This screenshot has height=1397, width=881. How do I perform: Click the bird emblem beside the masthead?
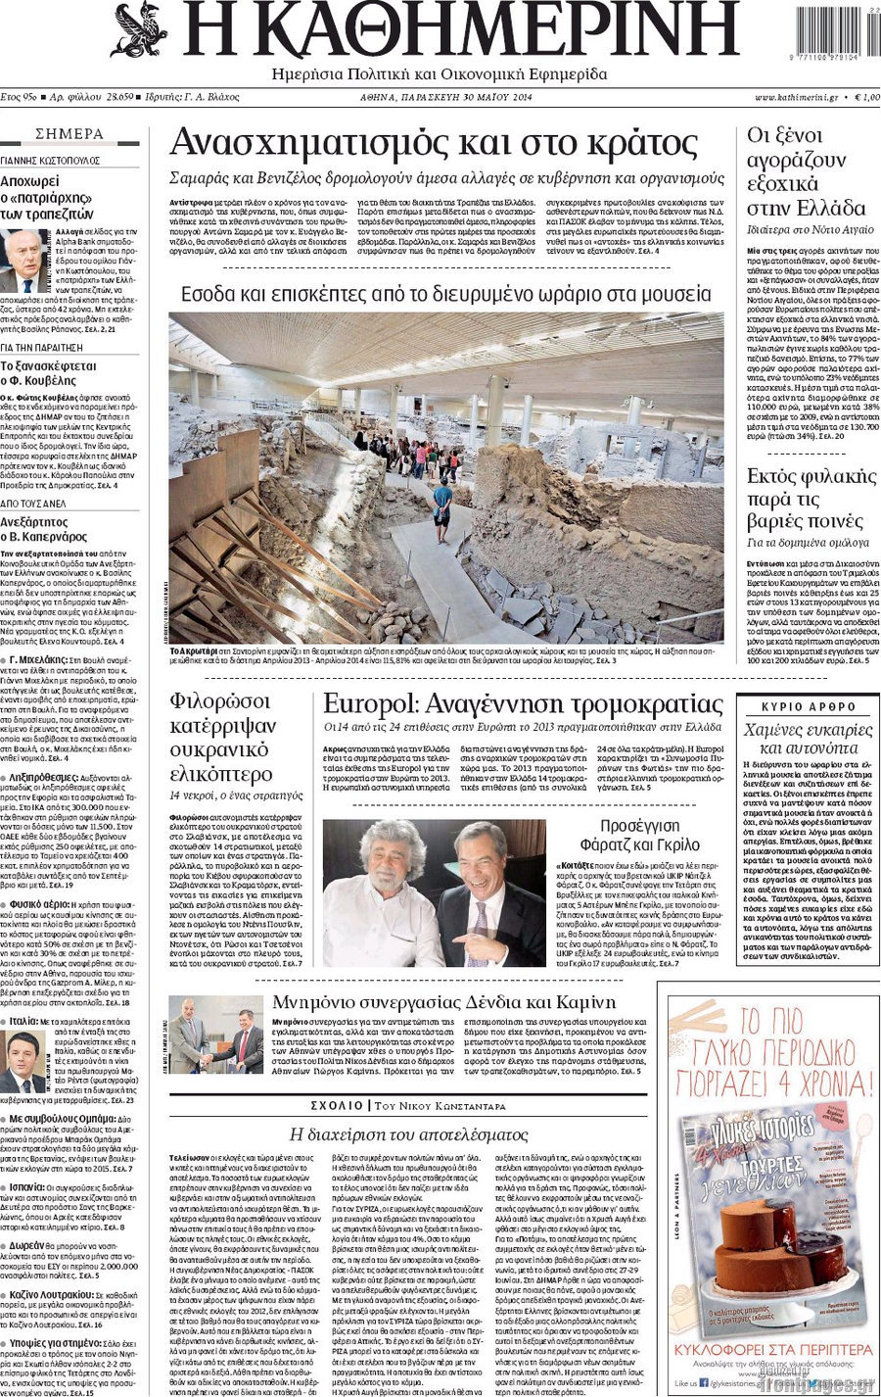(140, 29)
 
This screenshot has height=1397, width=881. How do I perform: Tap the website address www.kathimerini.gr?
(796, 98)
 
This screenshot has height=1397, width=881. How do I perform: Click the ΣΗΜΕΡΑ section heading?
(70, 134)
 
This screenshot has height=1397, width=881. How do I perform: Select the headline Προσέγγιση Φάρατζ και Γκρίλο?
(639, 835)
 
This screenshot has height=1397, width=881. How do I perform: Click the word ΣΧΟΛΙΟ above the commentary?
(337, 1105)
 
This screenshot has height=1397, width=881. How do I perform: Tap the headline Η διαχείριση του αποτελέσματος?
(409, 1134)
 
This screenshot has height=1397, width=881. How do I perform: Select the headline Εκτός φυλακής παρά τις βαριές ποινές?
(811, 499)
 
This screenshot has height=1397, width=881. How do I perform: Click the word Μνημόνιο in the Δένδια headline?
(311, 1002)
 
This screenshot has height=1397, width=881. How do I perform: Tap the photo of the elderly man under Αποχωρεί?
(22, 261)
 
